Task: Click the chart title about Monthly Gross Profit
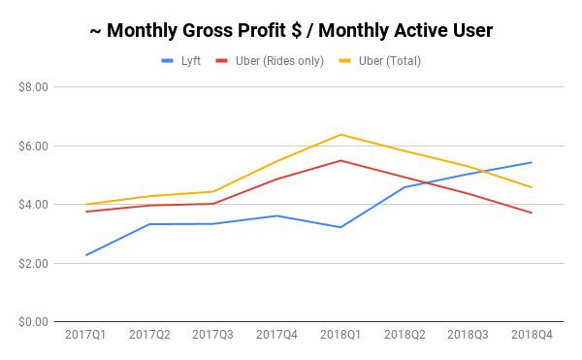(290, 31)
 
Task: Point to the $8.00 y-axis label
(35, 87)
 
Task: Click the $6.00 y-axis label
(35, 147)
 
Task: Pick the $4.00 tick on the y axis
(35, 205)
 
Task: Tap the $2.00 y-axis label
(35, 264)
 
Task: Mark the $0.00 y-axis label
(35, 322)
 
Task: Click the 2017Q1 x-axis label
(85, 336)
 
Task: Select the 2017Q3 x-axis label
(212, 336)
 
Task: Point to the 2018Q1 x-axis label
(340, 336)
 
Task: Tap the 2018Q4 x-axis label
(532, 336)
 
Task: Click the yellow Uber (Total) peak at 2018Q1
(340, 134)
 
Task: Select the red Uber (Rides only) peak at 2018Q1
(340, 160)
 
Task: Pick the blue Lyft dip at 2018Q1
(340, 227)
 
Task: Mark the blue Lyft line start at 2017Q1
(85, 255)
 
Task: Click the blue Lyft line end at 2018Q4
(532, 162)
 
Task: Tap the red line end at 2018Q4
(532, 213)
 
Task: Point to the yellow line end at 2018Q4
(532, 187)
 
